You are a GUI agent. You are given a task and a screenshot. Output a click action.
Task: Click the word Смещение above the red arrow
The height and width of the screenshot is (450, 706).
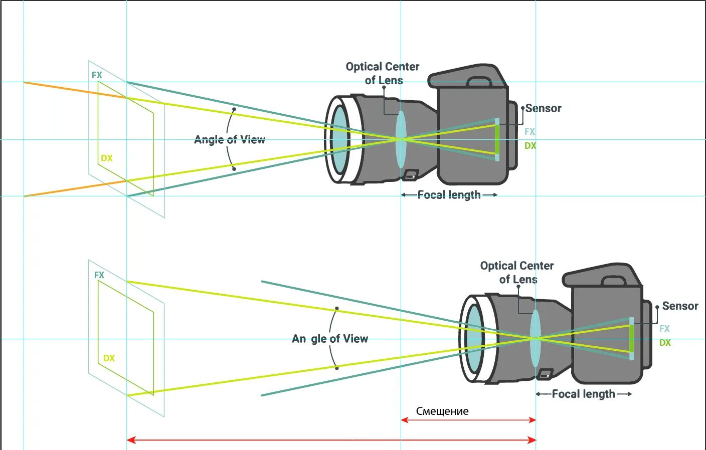point(442,411)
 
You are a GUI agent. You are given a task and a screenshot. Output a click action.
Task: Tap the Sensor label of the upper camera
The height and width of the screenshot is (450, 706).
point(543,108)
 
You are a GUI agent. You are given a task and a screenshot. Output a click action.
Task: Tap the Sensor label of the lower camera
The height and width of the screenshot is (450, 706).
point(680,306)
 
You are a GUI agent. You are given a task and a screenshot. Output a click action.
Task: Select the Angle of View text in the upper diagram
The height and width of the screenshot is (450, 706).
point(230,140)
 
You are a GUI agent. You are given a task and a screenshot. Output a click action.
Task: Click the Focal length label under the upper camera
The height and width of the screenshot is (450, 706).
point(449,195)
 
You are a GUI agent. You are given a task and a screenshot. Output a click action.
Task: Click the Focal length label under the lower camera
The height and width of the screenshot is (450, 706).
point(583,394)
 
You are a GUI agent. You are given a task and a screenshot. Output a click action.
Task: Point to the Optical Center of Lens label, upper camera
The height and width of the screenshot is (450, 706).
point(383,73)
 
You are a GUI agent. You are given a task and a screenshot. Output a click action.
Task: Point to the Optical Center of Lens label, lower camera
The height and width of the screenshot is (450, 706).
point(517,272)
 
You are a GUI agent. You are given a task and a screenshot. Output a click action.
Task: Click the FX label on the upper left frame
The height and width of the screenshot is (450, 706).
point(97,75)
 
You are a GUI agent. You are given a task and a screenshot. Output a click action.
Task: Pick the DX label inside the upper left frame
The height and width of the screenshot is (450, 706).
point(107,158)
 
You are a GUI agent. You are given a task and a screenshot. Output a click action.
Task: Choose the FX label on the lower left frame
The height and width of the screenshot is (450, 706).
point(99,275)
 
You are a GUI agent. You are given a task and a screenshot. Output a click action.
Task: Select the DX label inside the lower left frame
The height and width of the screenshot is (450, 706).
point(109,358)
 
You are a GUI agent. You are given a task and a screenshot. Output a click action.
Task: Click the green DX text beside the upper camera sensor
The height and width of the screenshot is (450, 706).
point(530,146)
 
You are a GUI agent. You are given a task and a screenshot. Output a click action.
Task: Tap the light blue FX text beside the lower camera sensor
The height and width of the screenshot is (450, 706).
point(664,329)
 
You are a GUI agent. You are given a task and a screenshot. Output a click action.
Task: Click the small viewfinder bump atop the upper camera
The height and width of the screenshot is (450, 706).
point(479,82)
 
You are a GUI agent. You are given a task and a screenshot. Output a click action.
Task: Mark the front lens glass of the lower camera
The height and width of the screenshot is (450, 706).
point(474,338)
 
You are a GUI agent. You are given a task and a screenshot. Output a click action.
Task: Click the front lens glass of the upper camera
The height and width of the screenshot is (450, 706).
point(340,139)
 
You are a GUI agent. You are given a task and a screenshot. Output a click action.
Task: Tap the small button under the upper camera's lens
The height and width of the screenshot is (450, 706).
point(410,175)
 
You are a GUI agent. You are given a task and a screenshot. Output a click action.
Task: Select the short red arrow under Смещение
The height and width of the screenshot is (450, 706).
point(468,420)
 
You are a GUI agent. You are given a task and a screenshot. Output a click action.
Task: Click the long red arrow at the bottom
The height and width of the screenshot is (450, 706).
point(331,440)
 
